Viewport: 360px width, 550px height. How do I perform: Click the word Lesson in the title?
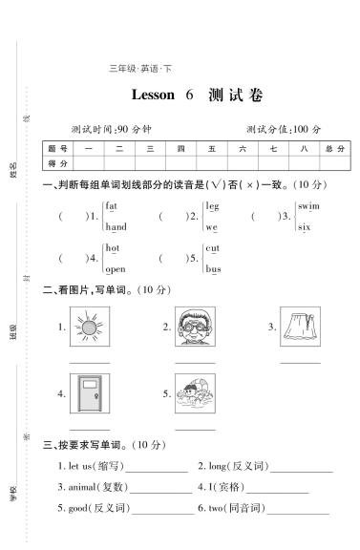point(153,95)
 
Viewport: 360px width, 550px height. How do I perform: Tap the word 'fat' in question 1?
point(112,206)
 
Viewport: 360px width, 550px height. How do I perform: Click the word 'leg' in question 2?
point(212,206)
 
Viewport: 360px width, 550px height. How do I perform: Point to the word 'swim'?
point(307,206)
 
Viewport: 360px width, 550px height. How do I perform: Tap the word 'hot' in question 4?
point(112,248)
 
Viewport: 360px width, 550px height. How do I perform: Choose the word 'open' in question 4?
point(115,269)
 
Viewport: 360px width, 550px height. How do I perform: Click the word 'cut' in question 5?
point(212,248)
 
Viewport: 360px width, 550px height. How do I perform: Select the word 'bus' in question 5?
point(213,269)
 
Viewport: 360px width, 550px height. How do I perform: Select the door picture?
point(90,393)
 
